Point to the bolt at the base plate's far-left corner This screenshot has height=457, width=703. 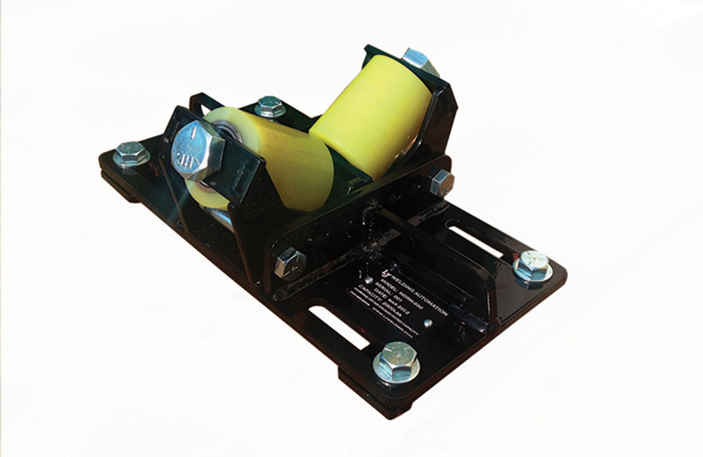point(131,155)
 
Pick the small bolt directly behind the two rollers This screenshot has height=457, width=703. point(270,107)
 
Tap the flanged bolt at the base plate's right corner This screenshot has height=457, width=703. point(532,265)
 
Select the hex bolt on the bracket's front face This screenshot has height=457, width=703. point(290,262)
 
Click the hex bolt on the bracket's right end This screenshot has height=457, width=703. point(441,182)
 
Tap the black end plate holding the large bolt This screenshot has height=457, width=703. point(189,176)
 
